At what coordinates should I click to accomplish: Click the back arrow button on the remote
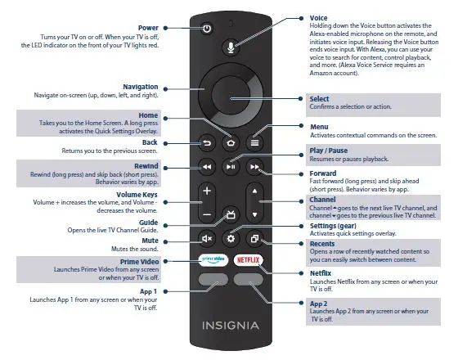click(207, 141)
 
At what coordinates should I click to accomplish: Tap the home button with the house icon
click(231, 141)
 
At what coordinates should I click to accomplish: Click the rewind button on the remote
click(207, 167)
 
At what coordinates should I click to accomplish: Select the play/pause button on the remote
click(231, 167)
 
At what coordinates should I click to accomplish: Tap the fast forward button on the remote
click(255, 167)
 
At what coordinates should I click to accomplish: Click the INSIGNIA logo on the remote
click(231, 325)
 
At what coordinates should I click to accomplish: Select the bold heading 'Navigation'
click(140, 87)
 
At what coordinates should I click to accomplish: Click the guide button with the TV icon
click(231, 214)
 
